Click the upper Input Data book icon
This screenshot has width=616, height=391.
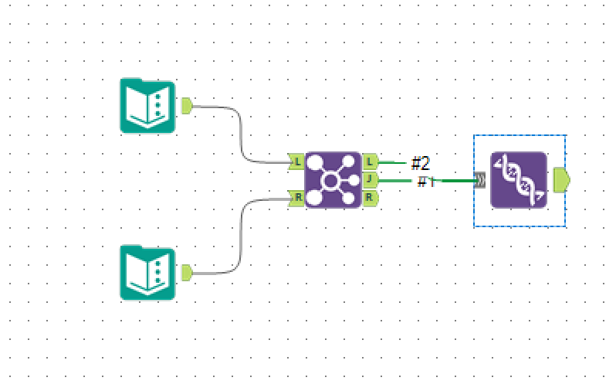(x=147, y=105)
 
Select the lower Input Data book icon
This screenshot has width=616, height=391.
(x=147, y=272)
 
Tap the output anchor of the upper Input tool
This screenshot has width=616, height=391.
(x=186, y=105)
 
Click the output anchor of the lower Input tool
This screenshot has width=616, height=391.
(x=186, y=272)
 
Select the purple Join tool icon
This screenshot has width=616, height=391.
(x=333, y=180)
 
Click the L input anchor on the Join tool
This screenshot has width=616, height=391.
(x=296, y=162)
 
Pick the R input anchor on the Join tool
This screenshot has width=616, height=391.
(x=296, y=198)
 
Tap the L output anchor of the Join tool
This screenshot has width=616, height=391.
(x=370, y=162)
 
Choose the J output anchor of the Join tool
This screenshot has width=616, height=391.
(x=370, y=180)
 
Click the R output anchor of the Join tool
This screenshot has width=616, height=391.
(x=370, y=198)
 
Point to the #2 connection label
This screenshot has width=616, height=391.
(x=420, y=163)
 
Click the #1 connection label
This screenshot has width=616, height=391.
(x=426, y=182)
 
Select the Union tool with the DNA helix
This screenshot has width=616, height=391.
(x=518, y=180)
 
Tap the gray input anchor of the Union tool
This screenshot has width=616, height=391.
(x=480, y=181)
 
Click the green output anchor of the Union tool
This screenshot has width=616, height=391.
(x=561, y=181)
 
